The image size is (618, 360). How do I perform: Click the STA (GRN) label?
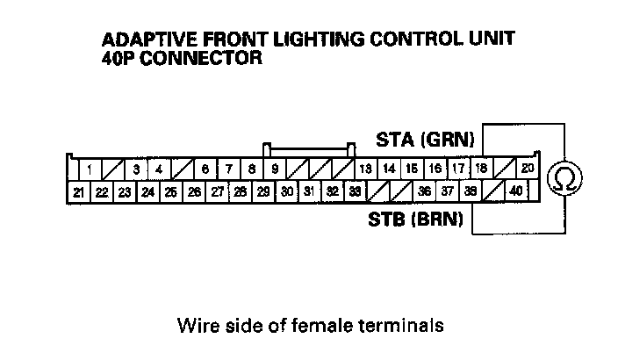tap(425, 140)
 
